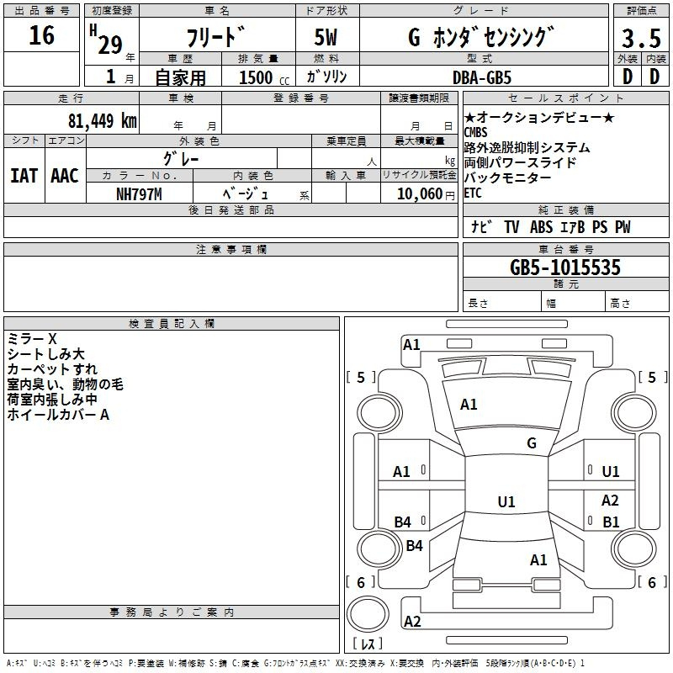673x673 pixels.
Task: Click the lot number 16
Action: [41, 35]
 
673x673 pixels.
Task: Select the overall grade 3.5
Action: [641, 38]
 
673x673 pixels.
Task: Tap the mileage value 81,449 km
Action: [102, 120]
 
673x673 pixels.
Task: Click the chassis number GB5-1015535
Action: [565, 267]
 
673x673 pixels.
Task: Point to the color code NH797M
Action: [139, 194]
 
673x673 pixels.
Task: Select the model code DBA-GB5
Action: [482, 77]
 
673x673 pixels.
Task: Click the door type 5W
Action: [326, 37]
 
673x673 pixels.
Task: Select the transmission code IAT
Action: [24, 176]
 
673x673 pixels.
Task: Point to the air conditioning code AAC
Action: [65, 176]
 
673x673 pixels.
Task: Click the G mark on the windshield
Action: [532, 443]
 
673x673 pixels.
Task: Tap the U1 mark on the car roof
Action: [506, 501]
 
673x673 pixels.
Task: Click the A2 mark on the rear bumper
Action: [412, 621]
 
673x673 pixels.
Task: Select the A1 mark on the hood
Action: [469, 405]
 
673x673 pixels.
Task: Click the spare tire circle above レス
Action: [368, 614]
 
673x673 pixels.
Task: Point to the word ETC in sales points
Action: [473, 193]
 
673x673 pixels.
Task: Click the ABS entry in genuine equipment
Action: [541, 227]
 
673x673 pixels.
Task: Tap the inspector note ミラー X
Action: [32, 339]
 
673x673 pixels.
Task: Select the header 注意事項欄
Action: [231, 249]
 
